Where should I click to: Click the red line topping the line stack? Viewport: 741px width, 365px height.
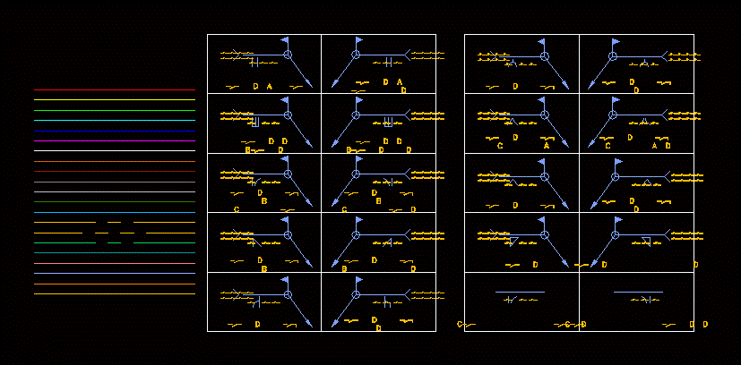tap(114, 90)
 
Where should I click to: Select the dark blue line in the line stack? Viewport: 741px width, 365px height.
tap(114, 131)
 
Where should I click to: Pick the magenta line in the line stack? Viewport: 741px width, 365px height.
tap(114, 263)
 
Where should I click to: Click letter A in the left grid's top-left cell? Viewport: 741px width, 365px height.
tap(269, 86)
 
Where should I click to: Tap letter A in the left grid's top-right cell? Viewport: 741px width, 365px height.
tap(400, 81)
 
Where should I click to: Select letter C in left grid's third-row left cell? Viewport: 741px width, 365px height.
tap(237, 209)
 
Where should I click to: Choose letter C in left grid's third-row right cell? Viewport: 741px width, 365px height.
tap(344, 209)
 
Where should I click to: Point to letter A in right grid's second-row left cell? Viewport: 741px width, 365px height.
tap(547, 145)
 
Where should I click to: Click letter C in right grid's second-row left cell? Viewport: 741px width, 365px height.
tap(500, 145)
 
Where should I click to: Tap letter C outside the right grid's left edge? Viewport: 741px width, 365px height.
tap(460, 324)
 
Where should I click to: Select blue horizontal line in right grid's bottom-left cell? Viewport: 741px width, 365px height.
tap(520, 292)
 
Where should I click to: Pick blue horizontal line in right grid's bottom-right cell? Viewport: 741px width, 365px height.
tap(638, 292)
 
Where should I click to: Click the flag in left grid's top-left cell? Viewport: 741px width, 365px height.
tap(285, 41)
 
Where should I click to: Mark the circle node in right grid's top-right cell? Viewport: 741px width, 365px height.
tap(614, 55)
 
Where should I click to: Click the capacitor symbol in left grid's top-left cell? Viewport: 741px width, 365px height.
tap(254, 63)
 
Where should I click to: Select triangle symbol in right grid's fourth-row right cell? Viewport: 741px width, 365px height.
tap(645, 241)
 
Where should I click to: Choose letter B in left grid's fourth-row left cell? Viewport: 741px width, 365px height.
tap(263, 268)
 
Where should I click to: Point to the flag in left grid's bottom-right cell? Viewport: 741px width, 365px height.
tap(359, 280)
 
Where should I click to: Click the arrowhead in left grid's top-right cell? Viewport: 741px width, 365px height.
tap(333, 84)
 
